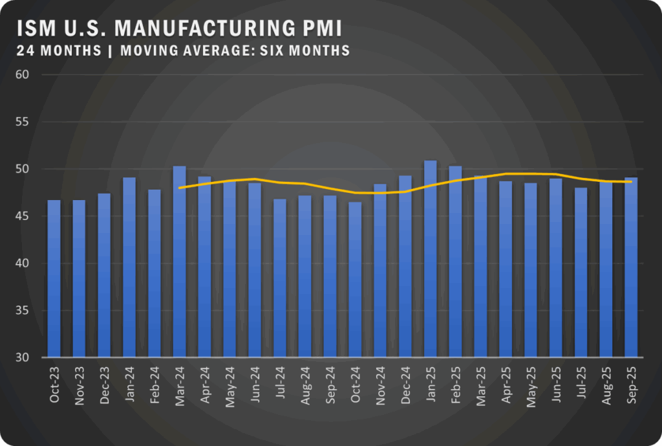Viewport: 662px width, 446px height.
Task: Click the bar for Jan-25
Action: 431,259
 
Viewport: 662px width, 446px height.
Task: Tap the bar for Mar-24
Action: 179,262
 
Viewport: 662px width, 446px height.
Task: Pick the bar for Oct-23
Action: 54,278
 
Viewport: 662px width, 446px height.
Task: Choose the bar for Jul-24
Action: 280,278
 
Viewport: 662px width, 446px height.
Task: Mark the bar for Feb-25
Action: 456,262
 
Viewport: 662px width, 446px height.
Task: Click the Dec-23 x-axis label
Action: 105,387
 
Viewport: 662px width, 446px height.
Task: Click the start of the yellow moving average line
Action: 179,188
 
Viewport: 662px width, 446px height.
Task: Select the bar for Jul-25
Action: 581,273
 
